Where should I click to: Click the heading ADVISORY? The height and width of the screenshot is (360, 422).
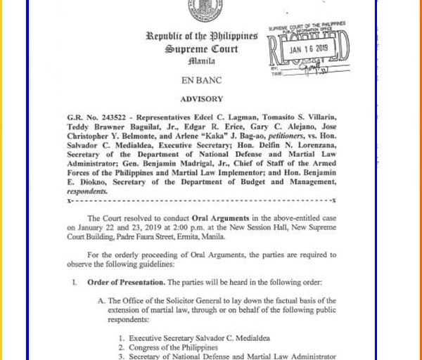(x=201, y=99)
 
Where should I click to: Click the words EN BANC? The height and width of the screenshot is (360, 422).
(x=201, y=81)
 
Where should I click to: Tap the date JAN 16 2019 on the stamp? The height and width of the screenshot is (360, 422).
(x=309, y=49)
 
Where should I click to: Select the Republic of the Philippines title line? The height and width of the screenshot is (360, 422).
(x=201, y=37)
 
